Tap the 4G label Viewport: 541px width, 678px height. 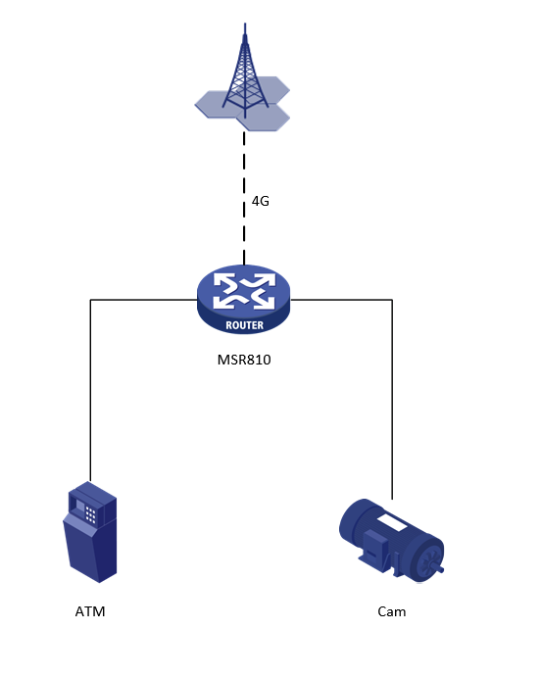(261, 201)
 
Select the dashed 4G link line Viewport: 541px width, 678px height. (244, 198)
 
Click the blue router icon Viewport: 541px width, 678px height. (243, 299)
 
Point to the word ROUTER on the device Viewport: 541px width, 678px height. (244, 325)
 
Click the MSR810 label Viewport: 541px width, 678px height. (244, 360)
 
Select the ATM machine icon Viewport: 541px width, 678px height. (90, 532)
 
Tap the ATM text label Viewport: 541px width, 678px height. (90, 611)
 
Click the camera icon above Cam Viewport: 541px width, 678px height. (391, 541)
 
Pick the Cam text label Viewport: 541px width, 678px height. (392, 611)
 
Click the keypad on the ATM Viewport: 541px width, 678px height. (90, 514)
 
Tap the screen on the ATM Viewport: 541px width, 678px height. (78, 506)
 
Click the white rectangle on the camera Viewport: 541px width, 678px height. (391, 522)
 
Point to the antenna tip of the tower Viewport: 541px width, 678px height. (245, 24)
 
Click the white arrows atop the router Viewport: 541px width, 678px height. (244, 291)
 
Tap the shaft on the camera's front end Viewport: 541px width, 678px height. (439, 569)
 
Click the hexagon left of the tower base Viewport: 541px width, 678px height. (216, 104)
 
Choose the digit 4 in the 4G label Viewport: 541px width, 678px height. (256, 201)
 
